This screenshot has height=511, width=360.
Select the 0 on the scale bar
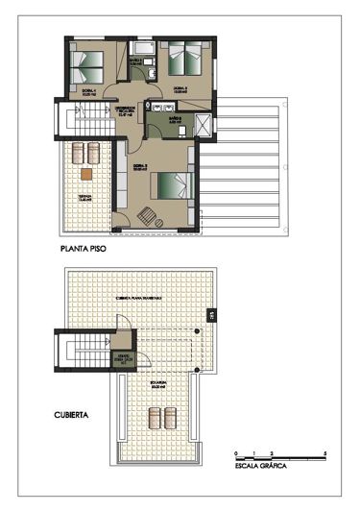click(x=235, y=451)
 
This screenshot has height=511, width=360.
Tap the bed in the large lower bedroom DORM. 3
click(x=174, y=183)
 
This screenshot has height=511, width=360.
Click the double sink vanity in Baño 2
click(x=160, y=108)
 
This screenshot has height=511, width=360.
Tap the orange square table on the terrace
click(x=86, y=175)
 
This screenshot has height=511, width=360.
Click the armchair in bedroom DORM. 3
click(x=149, y=215)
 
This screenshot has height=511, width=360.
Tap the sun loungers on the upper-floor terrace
click(x=86, y=152)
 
